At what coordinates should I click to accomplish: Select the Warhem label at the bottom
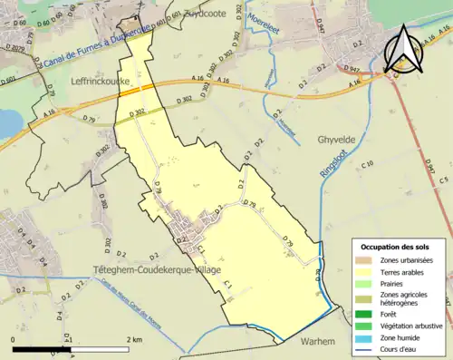pyautogui.click(x=317, y=341)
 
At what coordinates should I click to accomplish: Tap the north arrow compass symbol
pyautogui.click(x=403, y=50)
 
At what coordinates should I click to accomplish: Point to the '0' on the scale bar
pyautogui.click(x=14, y=339)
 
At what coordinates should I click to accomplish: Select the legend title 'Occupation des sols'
pyautogui.click(x=396, y=247)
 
